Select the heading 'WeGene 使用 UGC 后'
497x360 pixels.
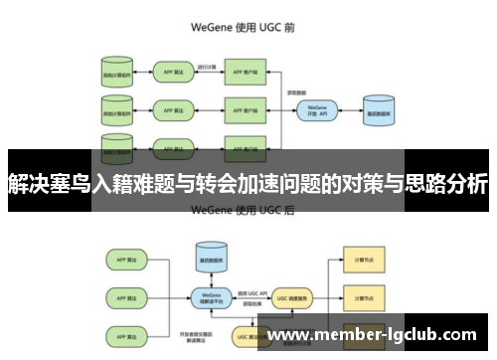[248, 210]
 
